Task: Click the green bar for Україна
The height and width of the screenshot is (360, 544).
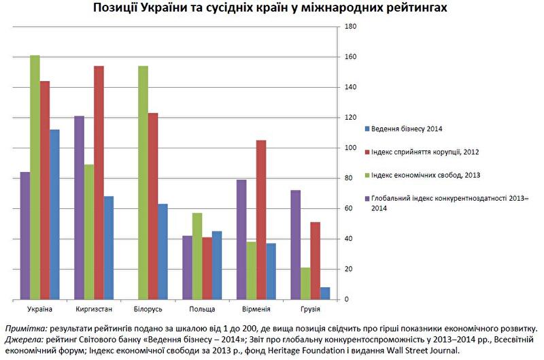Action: point(35,177)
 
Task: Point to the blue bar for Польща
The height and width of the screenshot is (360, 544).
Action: point(217,265)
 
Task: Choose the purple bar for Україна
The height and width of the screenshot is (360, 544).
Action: point(25,235)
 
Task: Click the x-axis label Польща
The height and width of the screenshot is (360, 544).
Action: point(202,310)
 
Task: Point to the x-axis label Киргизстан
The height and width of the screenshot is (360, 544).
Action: point(94,310)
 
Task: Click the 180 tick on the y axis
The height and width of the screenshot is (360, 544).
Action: point(352,27)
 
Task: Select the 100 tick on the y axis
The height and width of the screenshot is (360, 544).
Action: point(352,148)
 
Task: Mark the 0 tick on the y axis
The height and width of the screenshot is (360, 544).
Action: point(347,299)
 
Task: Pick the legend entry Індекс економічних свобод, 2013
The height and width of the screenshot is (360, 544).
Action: point(425,175)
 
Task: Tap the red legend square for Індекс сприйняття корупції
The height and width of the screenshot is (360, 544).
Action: point(367,152)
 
